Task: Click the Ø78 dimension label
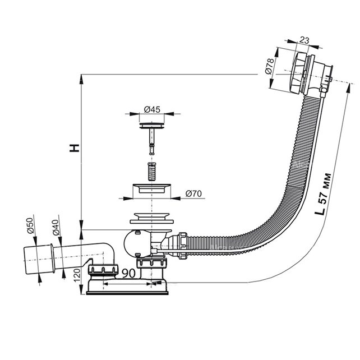(269, 66)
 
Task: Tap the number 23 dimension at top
(304, 40)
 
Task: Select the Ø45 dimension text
(152, 109)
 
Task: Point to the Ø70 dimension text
(193, 194)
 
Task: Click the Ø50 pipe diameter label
(30, 225)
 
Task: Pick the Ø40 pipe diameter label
(56, 228)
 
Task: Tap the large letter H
(75, 148)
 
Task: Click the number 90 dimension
(128, 273)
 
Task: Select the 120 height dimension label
(77, 275)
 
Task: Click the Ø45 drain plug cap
(152, 126)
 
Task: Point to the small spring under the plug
(151, 172)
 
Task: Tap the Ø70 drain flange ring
(152, 188)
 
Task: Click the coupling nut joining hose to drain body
(183, 246)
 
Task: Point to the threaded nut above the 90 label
(103, 269)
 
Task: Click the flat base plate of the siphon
(127, 293)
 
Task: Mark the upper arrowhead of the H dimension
(81, 79)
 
